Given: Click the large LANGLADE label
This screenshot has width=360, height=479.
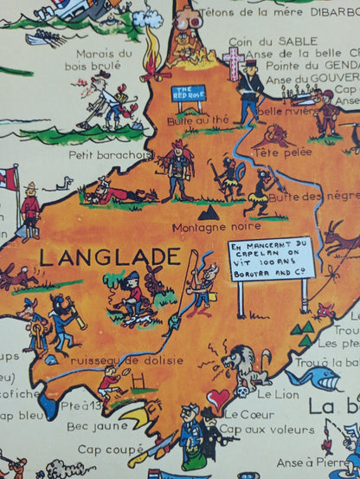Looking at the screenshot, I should (110, 256).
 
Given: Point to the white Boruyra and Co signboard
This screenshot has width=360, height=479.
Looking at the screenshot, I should (269, 259).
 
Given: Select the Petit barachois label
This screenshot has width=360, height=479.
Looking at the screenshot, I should (103, 157).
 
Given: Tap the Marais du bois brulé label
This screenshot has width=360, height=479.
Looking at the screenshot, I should (101, 61).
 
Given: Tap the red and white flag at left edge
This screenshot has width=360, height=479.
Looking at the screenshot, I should (9, 180).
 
